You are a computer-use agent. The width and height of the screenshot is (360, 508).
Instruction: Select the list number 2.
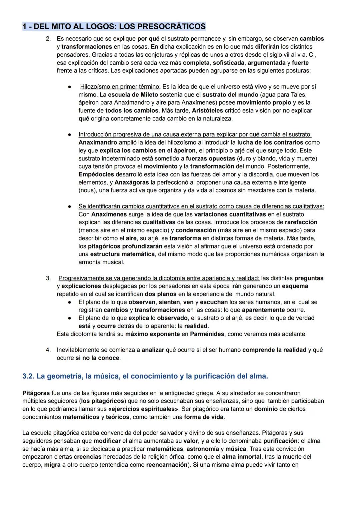pos(48,39)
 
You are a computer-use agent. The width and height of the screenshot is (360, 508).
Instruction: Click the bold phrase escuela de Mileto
pos(133,95)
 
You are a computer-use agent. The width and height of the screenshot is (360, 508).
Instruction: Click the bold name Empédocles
pos(96,175)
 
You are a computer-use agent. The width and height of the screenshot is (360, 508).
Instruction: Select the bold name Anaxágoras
pos(132,183)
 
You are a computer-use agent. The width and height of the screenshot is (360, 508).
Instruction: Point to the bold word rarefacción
pos(301,222)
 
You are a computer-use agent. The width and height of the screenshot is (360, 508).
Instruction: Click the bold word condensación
pos(196,230)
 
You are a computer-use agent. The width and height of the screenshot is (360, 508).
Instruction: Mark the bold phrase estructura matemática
pos(122,254)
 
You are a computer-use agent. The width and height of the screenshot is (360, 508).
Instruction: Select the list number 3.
pos(48,278)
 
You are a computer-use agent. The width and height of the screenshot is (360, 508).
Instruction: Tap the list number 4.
pos(48,350)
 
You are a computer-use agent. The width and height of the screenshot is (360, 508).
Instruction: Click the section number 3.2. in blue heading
pos(28,376)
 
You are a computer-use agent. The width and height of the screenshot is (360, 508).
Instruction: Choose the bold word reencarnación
pos(167,465)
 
